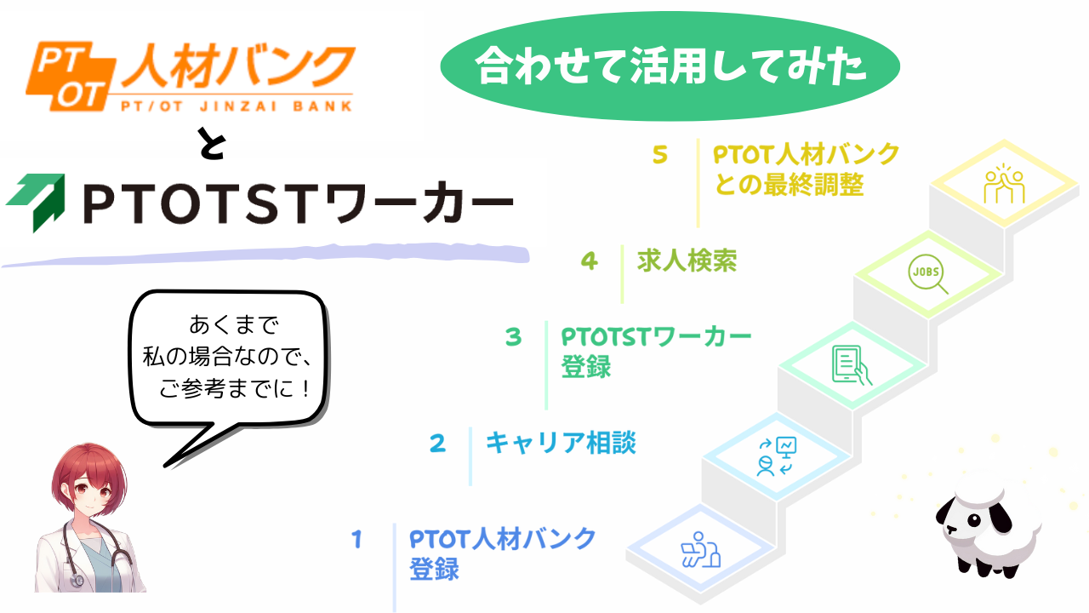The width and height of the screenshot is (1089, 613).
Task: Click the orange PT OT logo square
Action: tap(71, 76)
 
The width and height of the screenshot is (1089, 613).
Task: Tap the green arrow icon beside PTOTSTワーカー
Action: tap(37, 202)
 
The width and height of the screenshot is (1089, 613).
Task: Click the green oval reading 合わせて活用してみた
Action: tap(670, 66)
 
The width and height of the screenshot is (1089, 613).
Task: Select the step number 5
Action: tap(659, 155)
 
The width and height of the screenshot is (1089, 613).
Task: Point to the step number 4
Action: tap(590, 261)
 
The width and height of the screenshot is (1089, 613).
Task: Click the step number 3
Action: tap(513, 336)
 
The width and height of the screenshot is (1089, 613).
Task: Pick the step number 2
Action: tap(437, 444)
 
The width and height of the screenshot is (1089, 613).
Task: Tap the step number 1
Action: tap(357, 540)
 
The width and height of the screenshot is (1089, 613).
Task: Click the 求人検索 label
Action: tap(687, 261)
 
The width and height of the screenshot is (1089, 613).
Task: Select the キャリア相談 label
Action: tap(561, 443)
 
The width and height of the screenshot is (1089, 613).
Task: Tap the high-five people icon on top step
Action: tap(1005, 184)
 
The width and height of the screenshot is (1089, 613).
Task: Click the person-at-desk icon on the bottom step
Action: tap(700, 549)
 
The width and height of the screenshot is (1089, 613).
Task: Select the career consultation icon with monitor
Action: tap(777, 456)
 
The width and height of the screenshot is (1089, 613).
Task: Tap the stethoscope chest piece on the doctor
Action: tap(77, 581)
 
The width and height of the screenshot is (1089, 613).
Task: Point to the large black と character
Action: tap(213, 143)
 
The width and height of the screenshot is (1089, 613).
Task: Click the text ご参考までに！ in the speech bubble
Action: tap(234, 389)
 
